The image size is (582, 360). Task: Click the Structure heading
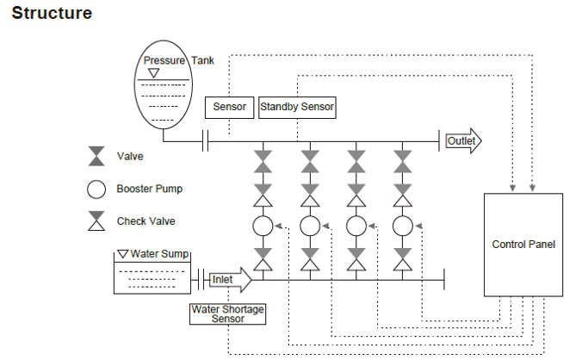(52, 14)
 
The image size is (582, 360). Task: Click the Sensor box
(230, 108)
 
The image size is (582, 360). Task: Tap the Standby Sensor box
(297, 108)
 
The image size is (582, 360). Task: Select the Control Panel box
(523, 245)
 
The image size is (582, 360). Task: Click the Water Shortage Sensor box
(228, 313)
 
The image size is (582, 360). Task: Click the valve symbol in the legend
(96, 157)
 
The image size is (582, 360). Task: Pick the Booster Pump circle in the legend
(96, 189)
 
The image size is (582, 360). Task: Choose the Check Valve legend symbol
(96, 221)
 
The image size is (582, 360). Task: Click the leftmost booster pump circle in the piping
(263, 226)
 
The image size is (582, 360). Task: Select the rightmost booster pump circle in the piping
(402, 226)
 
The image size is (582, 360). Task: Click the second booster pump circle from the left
(309, 226)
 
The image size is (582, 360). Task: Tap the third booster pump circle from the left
(356, 226)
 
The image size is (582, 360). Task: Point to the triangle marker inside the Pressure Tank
(153, 73)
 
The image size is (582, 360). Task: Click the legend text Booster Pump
(150, 189)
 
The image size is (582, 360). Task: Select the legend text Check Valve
(145, 221)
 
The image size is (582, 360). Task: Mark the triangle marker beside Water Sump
(122, 254)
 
